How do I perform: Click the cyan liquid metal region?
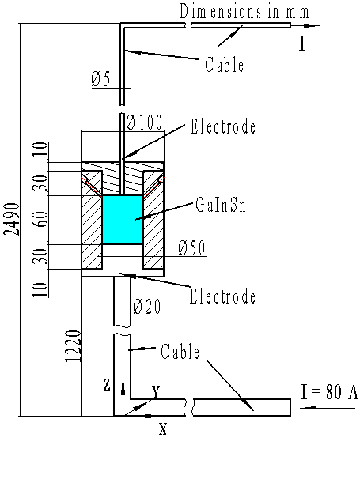pyautogui.click(x=123, y=220)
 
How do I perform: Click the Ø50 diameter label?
pyautogui.click(x=192, y=248)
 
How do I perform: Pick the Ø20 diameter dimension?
pyautogui.click(x=148, y=306)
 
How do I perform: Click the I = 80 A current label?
pyautogui.click(x=331, y=391)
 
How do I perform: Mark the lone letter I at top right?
pyautogui.click(x=302, y=43)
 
